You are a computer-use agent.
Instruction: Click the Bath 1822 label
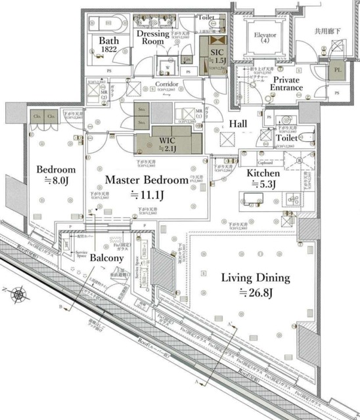108,45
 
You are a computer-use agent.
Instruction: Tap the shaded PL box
339,69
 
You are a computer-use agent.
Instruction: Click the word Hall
238,124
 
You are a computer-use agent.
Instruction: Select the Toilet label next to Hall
286,139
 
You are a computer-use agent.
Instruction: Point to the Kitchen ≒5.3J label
263,178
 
